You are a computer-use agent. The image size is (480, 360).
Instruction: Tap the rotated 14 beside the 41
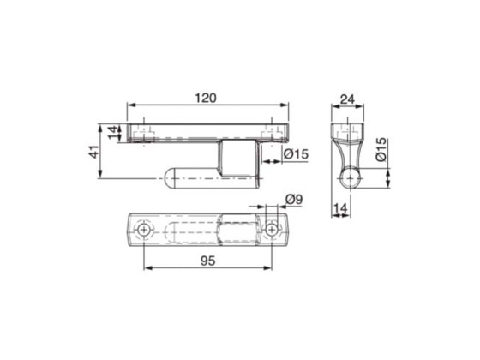[x=111, y=132]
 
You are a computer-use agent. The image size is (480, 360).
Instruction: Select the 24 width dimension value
[x=346, y=98]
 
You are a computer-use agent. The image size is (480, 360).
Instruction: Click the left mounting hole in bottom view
[x=142, y=231]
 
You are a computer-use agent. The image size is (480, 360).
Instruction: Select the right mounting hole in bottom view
[x=273, y=230]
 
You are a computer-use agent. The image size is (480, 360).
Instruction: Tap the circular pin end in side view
[x=351, y=178]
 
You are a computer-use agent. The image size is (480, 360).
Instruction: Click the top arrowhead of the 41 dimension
[x=104, y=124]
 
